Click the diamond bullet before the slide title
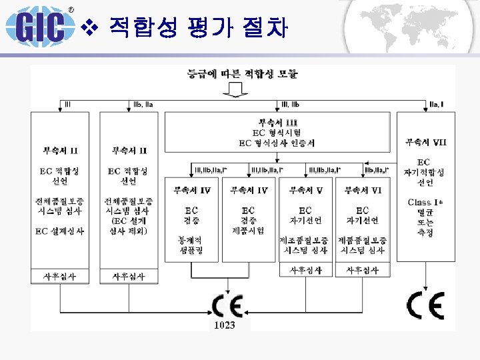click(x=93, y=27)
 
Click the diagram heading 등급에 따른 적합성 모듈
click(x=243, y=73)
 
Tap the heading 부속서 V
click(x=305, y=190)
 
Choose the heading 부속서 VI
click(x=363, y=190)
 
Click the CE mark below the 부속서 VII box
click(x=425, y=305)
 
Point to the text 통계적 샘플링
click(x=191, y=243)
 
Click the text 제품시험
click(x=248, y=231)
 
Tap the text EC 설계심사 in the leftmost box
click(x=60, y=231)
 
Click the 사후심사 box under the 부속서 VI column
click(x=363, y=270)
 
